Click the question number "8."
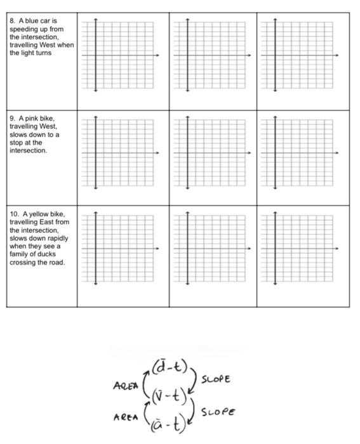click(x=12, y=21)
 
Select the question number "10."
click(x=14, y=214)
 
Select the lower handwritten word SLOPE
click(x=219, y=411)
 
